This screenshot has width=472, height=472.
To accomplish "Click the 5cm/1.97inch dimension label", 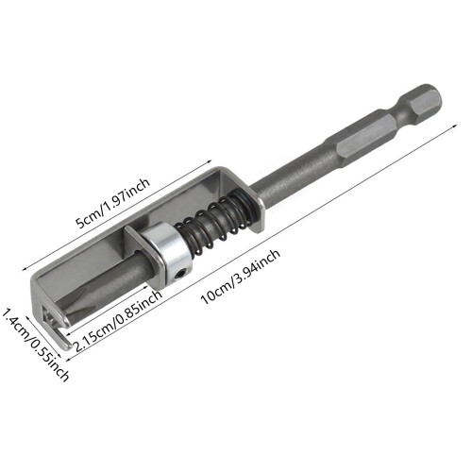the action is [x=112, y=203].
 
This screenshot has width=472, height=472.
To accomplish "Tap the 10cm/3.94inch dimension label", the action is [x=241, y=277].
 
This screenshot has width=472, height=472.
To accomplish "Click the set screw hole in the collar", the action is [x=180, y=276].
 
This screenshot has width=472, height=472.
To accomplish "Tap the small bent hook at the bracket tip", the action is [x=65, y=342].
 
